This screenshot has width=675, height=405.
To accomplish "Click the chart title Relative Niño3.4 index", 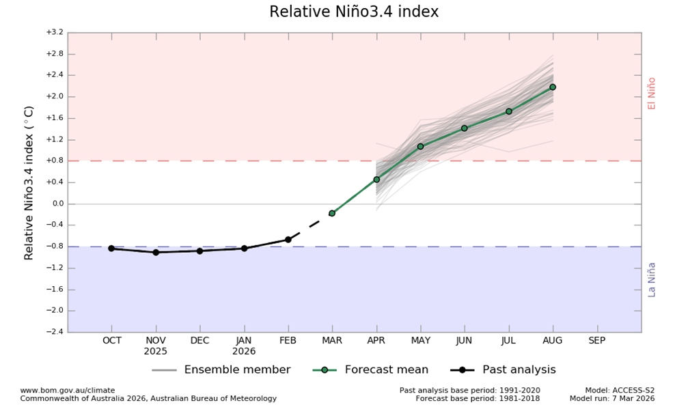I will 354,12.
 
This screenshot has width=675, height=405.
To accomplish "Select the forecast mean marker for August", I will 552,87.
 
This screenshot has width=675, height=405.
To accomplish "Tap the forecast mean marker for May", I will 420,147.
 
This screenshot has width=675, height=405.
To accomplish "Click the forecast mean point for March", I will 332,213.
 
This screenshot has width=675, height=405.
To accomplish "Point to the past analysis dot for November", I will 156,252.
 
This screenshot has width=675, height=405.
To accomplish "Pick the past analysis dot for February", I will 288,240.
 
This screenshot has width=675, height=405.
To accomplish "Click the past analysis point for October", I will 111,249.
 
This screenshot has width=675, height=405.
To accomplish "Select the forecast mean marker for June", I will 464,128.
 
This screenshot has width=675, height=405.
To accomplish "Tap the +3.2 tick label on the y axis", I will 55,32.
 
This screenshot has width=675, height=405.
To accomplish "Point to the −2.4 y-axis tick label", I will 55,332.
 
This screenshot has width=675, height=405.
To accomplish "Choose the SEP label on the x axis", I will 596,340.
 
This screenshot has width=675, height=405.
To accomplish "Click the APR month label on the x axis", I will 376,340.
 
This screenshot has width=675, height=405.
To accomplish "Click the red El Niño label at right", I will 652,93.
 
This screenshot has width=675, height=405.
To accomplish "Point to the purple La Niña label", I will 652,279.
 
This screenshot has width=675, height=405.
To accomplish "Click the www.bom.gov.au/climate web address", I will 68,390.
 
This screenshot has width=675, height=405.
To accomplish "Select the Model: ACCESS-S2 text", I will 619,390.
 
